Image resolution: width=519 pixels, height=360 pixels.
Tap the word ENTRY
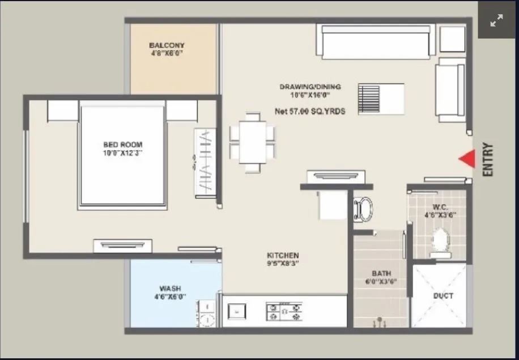coord(488,160)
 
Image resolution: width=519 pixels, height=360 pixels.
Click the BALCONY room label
coord(167,45)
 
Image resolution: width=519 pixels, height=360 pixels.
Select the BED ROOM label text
coord(122,145)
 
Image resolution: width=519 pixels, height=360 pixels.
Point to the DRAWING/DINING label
coord(310,87)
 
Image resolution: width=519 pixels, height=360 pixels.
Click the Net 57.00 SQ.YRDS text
coord(310,112)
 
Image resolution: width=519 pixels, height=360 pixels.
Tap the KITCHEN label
coord(283,256)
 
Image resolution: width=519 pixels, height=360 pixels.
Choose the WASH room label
coord(170,289)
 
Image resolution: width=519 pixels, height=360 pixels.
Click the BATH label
coord(381,273)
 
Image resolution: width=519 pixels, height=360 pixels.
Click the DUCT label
coord(443,296)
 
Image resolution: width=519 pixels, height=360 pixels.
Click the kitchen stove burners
coord(284,311)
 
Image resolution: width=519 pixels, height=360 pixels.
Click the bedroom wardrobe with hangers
coord(205,163)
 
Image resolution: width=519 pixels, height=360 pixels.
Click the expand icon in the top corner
coord(496,20)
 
